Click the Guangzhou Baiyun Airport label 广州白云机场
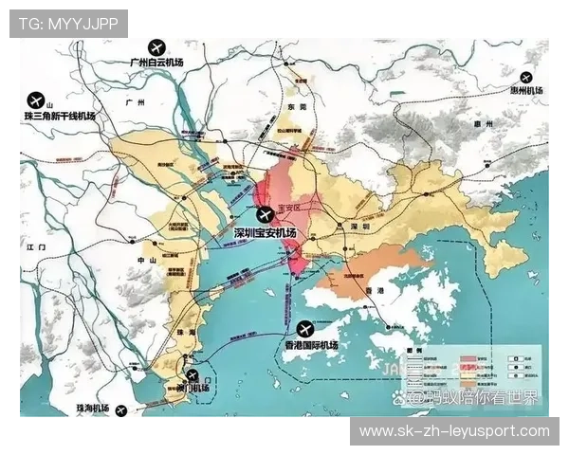[x=169, y=64]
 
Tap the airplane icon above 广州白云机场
[x=156, y=45]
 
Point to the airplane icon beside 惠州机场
[x=525, y=79]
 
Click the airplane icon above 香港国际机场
[x=304, y=329]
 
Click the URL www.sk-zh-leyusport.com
[x=454, y=431]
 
